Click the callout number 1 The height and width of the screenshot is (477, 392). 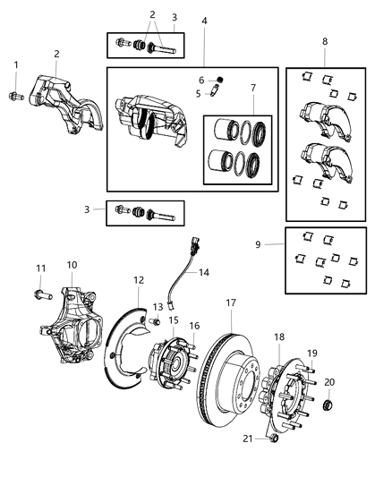pos(14,64)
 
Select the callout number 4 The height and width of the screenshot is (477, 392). pos(204,20)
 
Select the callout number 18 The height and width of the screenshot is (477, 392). pos(279,336)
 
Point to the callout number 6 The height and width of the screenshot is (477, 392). pos(201,79)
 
